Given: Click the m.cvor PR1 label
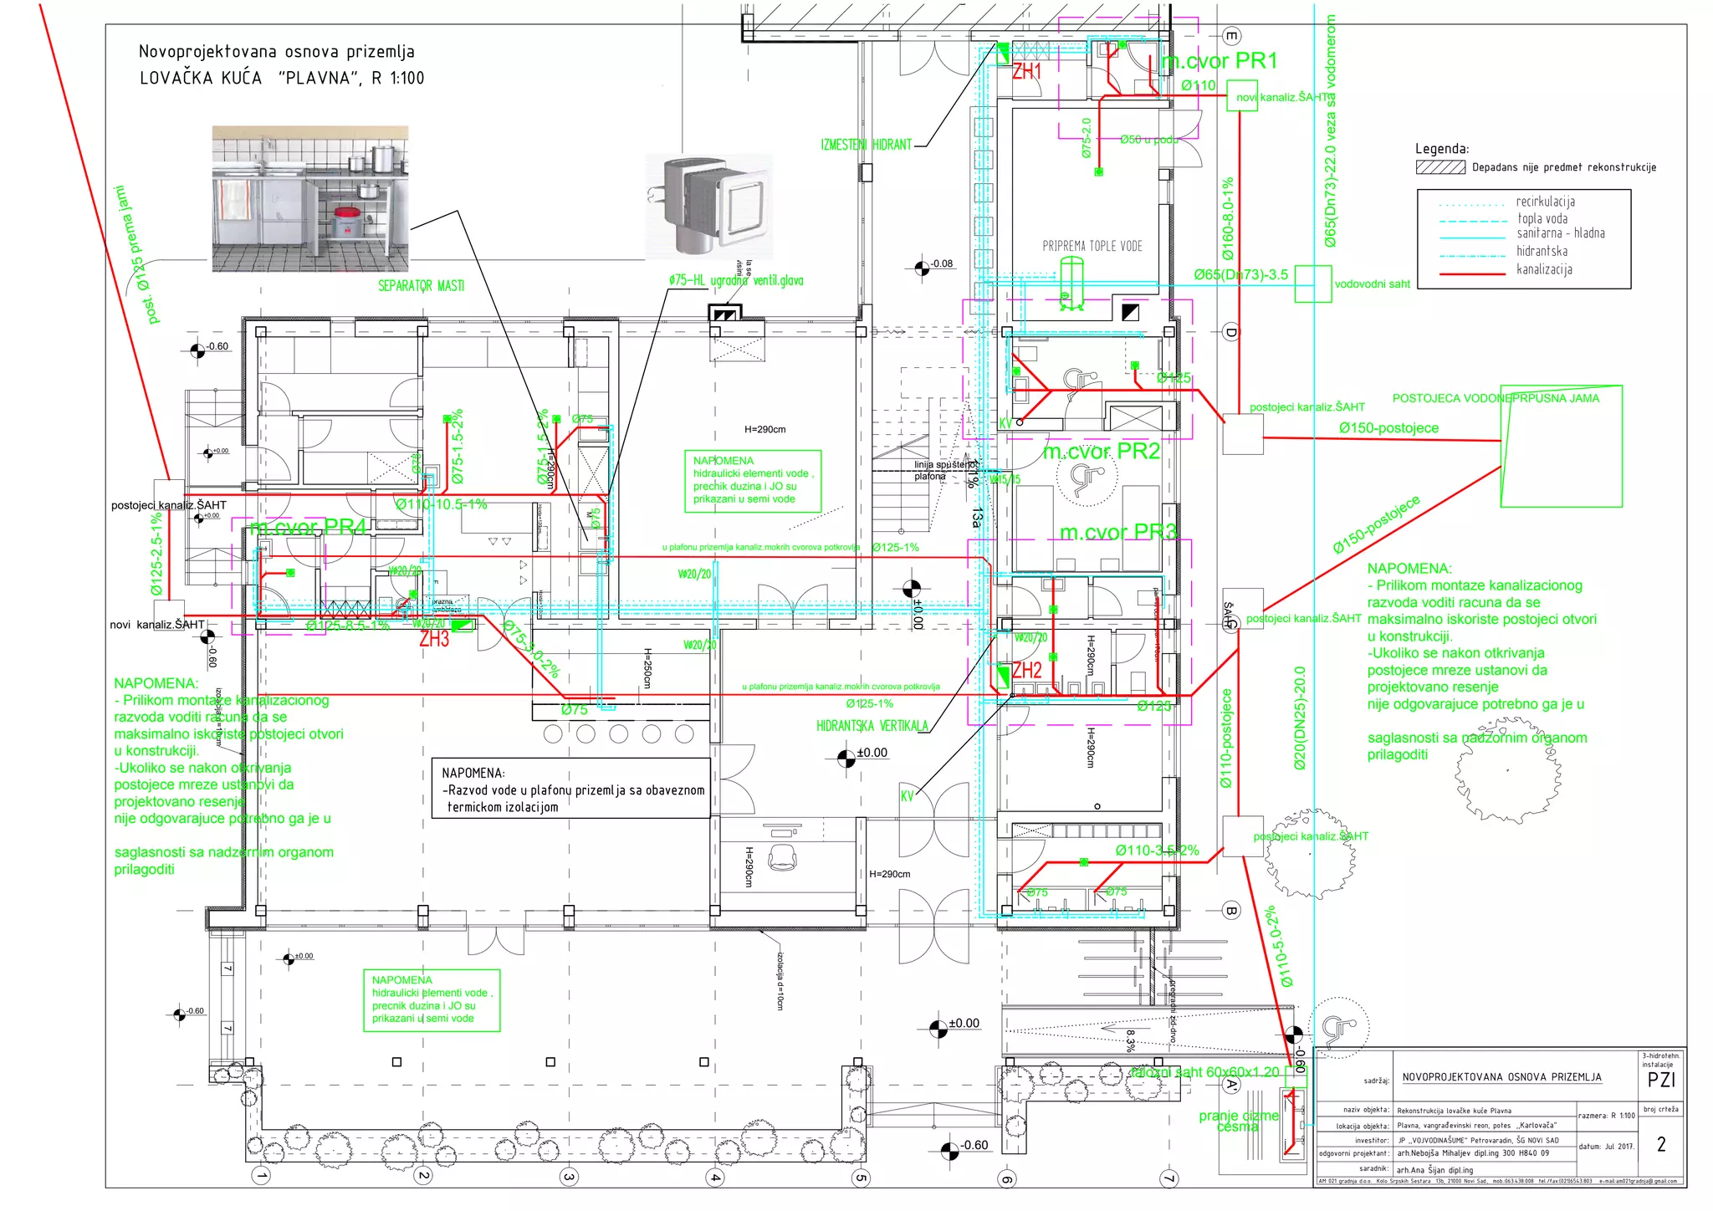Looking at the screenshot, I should click(x=1220, y=61).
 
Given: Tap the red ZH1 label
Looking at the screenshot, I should click(x=1026, y=72).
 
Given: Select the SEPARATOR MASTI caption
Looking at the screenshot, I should click(x=421, y=286).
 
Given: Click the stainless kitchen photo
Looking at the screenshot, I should click(x=309, y=199).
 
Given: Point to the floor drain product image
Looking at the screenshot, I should click(x=709, y=204).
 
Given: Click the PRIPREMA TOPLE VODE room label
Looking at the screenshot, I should click(x=1092, y=246).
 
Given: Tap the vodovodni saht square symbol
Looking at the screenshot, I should click(x=1312, y=284).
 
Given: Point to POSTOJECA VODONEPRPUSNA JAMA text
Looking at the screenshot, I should click(x=1495, y=398).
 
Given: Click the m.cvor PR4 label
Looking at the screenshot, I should click(x=308, y=527).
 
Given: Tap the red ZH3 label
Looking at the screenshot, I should click(x=434, y=640).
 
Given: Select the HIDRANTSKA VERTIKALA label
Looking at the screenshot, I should click(x=872, y=726).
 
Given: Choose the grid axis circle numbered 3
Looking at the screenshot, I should click(x=569, y=1178).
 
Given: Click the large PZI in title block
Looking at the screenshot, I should click(x=1660, y=1080).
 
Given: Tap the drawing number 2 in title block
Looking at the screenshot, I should click(x=1660, y=1144).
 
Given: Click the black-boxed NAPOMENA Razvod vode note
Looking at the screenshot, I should click(x=571, y=789).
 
